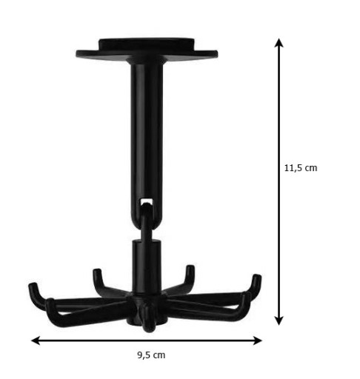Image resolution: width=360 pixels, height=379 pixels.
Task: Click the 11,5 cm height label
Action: tap(301, 168)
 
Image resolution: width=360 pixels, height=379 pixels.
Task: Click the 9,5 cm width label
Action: tap(151, 355)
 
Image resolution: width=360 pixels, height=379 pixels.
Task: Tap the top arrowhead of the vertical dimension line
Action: tap(279, 42)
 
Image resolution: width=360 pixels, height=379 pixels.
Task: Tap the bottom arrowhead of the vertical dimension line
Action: tap(279, 321)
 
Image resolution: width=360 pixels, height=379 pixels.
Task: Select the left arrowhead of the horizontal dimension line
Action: tap(36, 341)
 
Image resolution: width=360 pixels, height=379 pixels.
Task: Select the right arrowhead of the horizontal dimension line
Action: tap(257, 341)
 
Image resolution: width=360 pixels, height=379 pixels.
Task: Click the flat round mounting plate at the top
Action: tap(147, 54)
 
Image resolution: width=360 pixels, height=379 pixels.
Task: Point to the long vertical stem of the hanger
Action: tap(147, 138)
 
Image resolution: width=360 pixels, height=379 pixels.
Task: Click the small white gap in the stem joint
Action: tap(146, 201)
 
